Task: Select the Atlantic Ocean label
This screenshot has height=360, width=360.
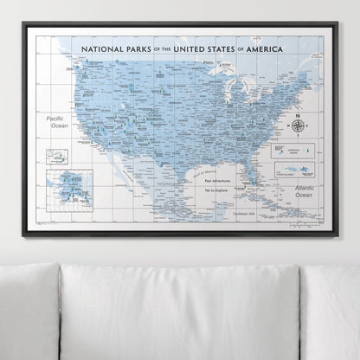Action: pos(302,191)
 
